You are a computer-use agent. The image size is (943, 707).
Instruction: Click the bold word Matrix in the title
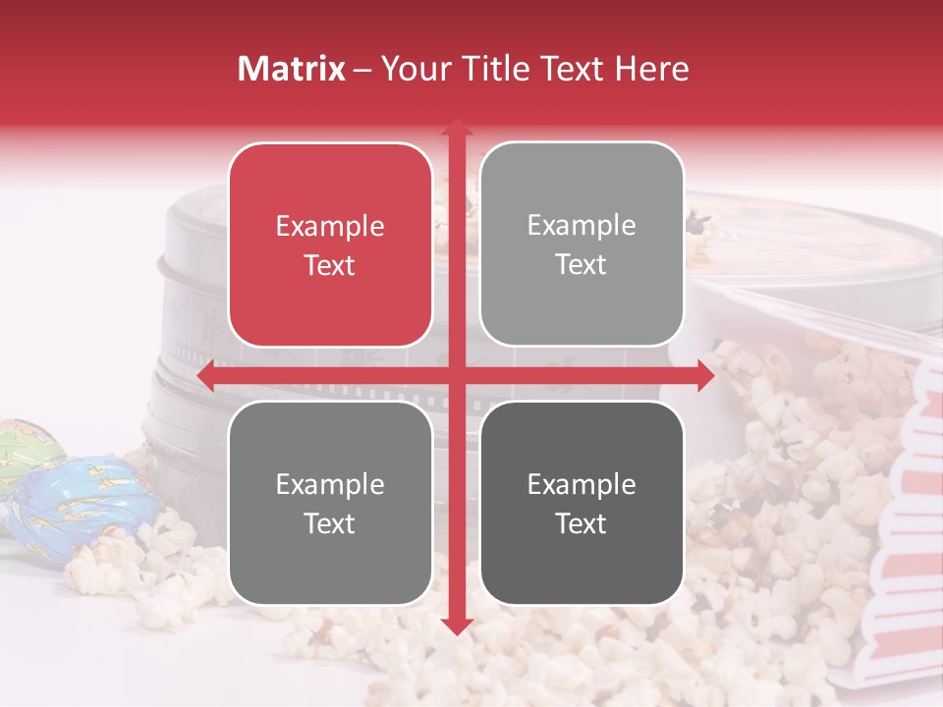292,69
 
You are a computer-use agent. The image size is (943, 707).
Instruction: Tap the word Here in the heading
651,69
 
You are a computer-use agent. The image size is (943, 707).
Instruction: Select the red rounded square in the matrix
330,245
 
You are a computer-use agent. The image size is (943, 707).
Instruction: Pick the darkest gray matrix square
582,503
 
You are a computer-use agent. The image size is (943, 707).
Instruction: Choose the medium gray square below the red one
330,503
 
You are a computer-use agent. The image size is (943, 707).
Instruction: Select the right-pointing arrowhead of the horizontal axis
704,376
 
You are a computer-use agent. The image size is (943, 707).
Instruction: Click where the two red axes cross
456,376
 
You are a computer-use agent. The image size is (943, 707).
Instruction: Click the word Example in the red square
330,226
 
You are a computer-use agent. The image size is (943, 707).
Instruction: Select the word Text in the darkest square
582,523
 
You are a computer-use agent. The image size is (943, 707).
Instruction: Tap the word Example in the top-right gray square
582,225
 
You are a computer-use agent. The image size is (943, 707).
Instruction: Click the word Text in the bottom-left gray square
330,523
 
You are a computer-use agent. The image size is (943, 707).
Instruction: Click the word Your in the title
414,69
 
